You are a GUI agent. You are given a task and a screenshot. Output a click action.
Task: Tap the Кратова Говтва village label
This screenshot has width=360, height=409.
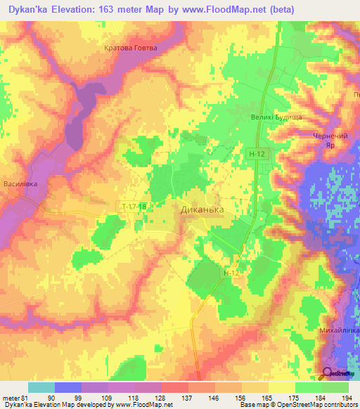pos(128,48)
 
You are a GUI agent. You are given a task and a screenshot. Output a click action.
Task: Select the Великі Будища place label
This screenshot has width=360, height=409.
pos(276,117)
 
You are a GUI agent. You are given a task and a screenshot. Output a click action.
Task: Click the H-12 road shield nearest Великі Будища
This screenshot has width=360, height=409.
pos(256,152)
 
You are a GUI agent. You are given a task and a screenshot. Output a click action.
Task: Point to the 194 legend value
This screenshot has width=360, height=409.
pos(345,397)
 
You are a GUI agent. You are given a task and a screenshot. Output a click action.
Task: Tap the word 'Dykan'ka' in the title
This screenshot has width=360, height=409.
pos(27,9)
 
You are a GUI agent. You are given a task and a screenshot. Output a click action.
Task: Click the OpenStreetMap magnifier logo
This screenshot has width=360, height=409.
pos(328,373)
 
